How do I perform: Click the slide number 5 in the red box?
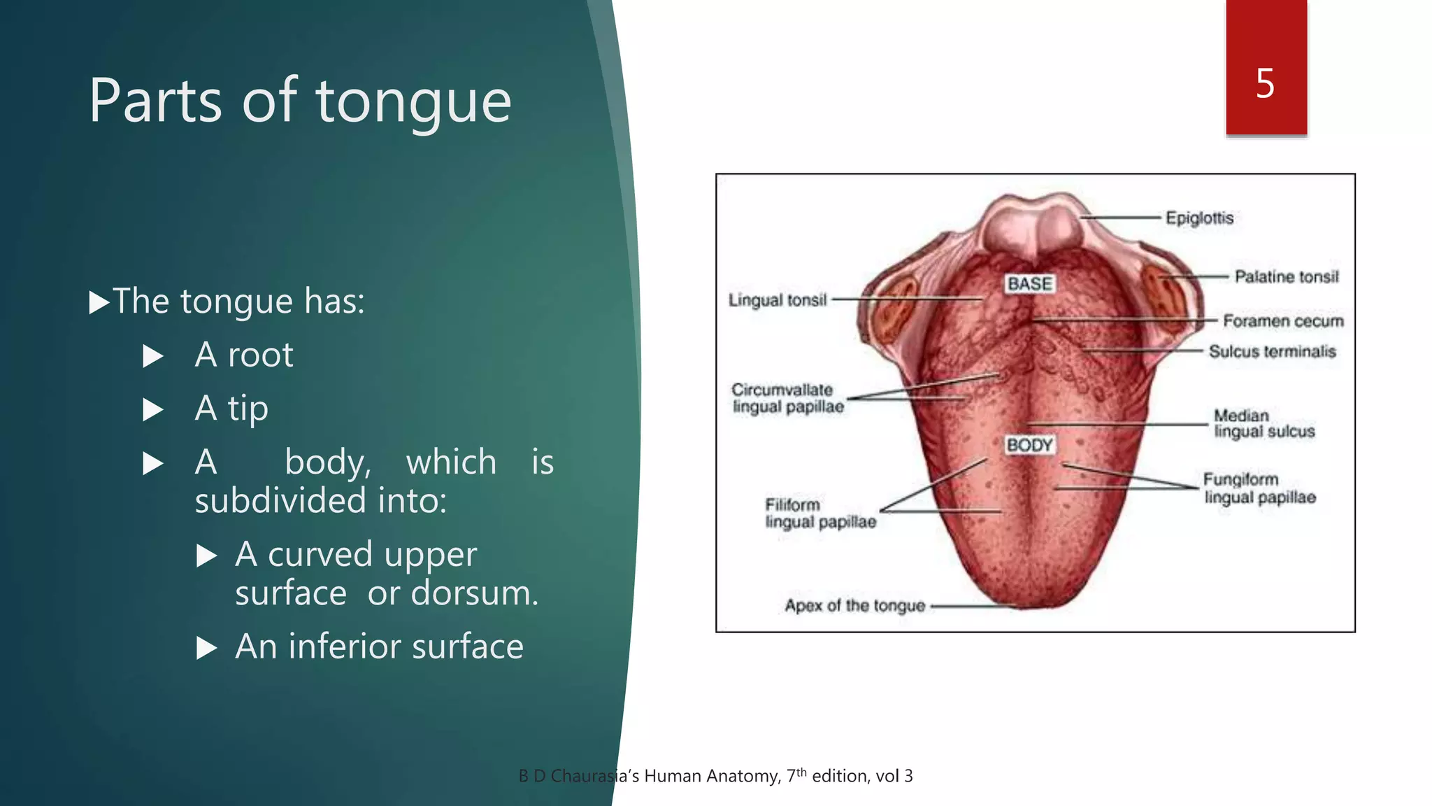pos(1265,84)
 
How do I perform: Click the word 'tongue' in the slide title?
pos(414,102)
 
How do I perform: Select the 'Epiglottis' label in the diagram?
pos(1199,218)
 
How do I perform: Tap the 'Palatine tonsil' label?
pos(1287,277)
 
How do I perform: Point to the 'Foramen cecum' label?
pos(1283,321)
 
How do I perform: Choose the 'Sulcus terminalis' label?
pos(1272,351)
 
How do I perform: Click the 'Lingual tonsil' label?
pos(778,300)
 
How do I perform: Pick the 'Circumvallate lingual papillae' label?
pos(787,398)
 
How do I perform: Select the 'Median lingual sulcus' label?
pos(1263,423)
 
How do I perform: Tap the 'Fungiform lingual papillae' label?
pos(1259,488)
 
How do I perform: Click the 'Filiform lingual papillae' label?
pos(820,513)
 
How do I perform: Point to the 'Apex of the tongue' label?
pos(854,606)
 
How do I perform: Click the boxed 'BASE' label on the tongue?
pos(1029,283)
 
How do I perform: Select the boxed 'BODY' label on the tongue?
pos(1029,445)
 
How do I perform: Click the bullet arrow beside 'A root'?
pos(153,356)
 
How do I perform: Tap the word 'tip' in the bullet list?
pos(248,409)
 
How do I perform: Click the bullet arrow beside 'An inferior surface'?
pos(207,648)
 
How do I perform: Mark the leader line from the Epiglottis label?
pos(1121,218)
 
